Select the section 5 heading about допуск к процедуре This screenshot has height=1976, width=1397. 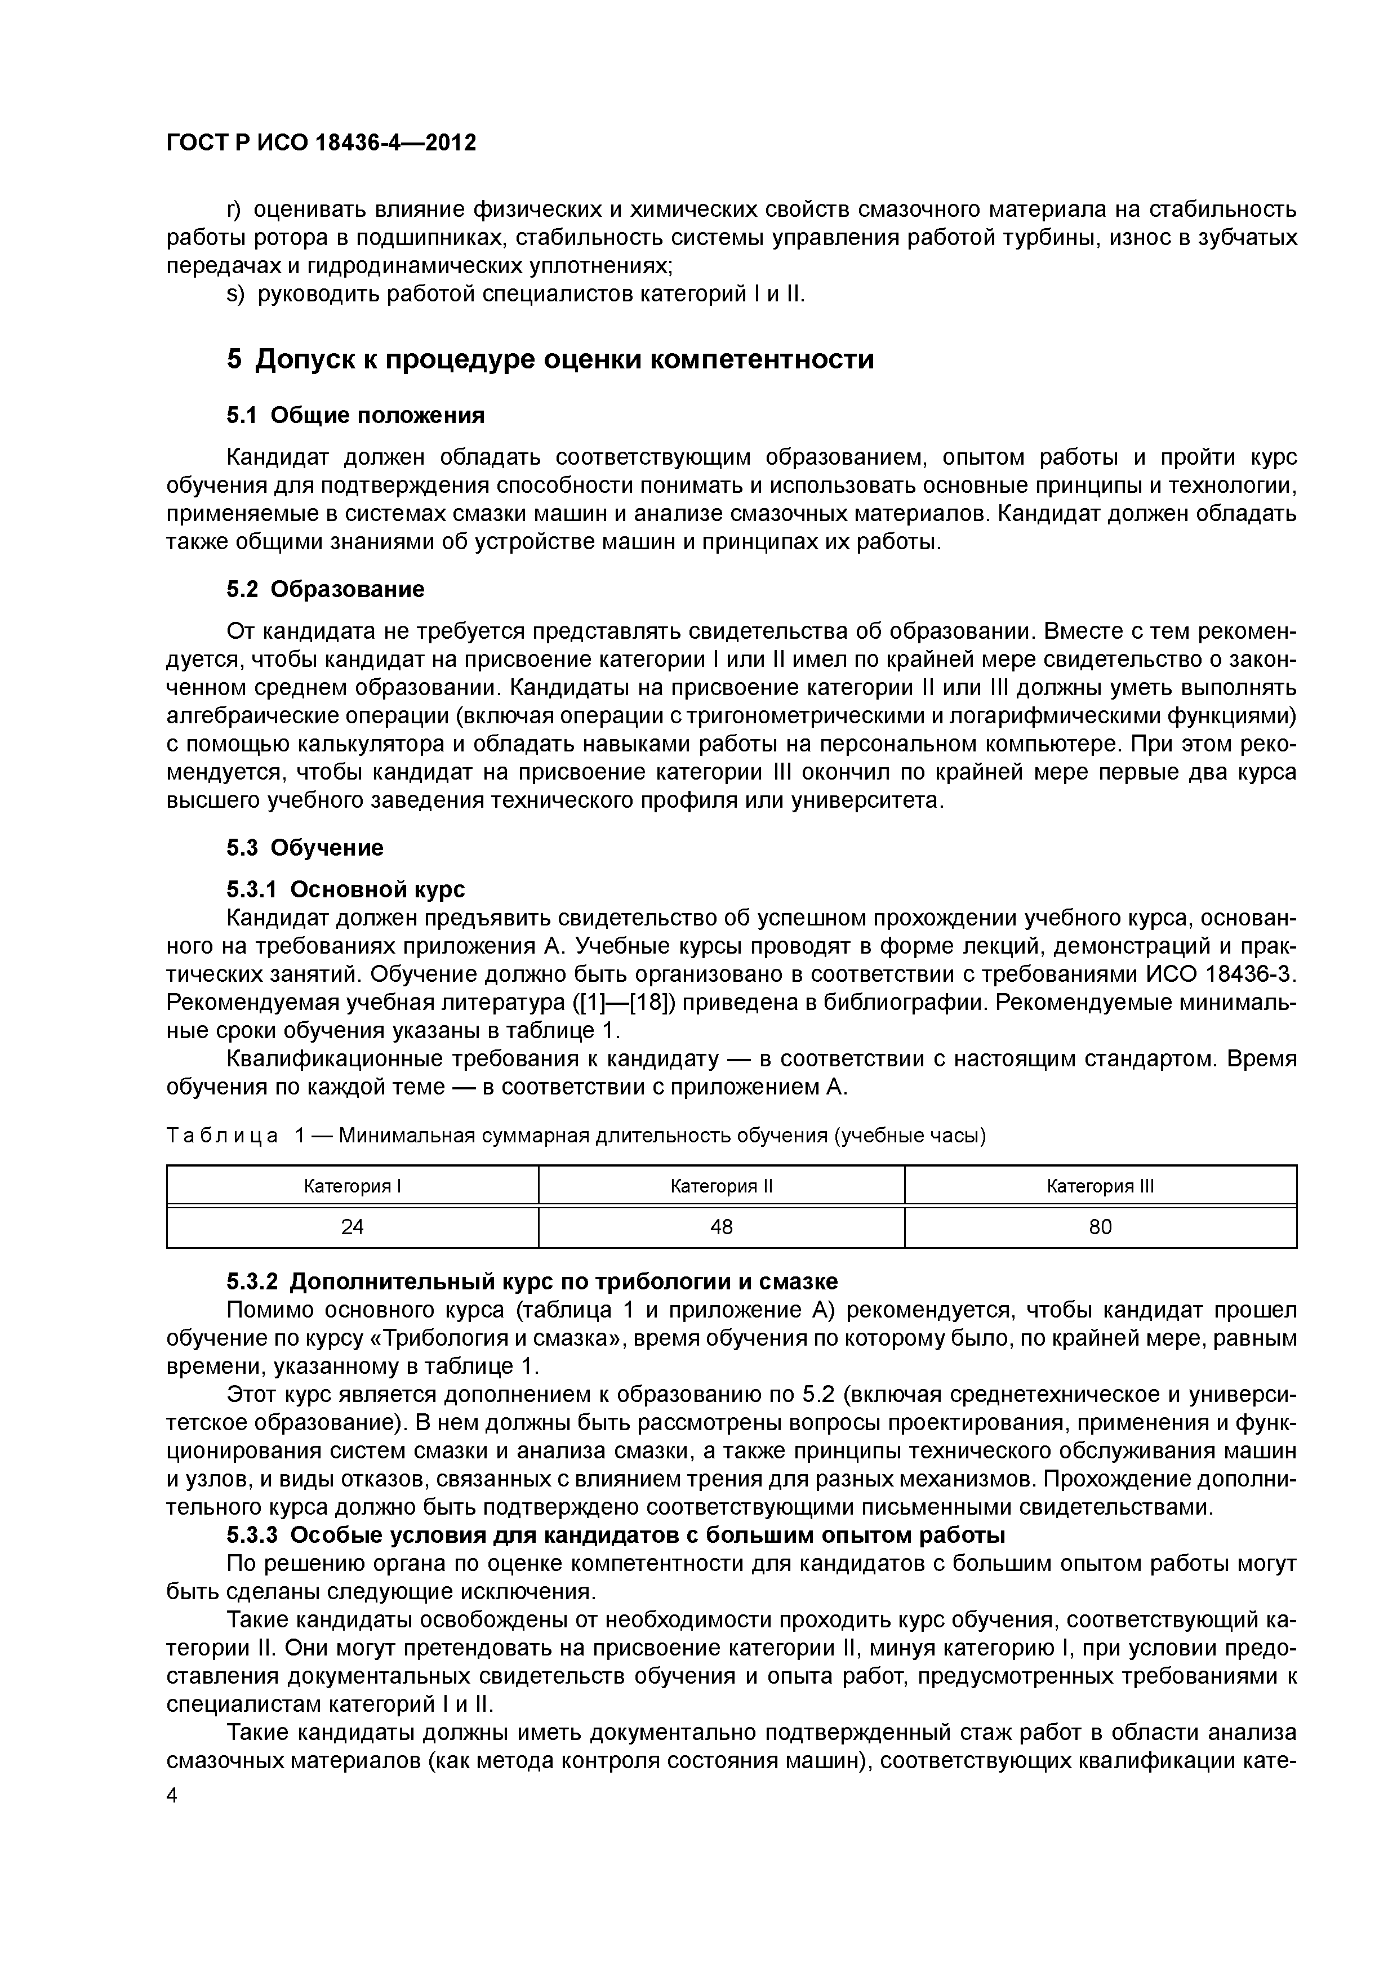[550, 359]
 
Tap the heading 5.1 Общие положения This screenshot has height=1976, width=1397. [355, 416]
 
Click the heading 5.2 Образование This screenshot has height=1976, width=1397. [326, 590]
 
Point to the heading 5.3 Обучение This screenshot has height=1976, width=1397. [305, 848]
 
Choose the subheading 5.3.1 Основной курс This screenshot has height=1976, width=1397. [345, 888]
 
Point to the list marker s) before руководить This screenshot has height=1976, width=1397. [235, 295]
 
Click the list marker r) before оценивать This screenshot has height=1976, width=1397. [235, 209]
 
